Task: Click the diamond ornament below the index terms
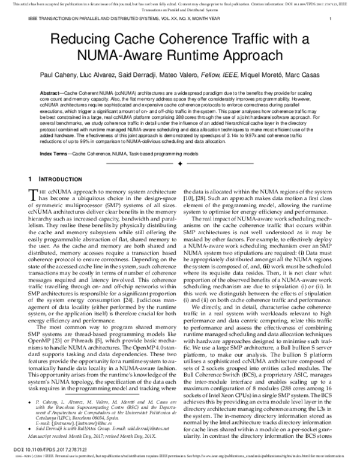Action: [180, 163]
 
